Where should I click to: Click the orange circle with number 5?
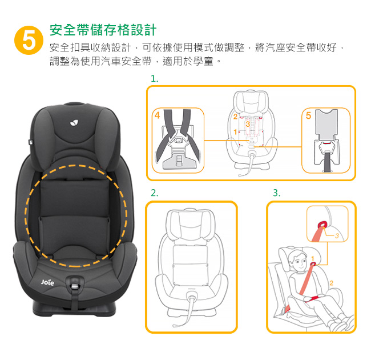29,40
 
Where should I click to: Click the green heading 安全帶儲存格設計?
103,30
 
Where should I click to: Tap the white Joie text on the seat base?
47,282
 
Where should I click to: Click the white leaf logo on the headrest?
75,122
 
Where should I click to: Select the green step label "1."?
155,79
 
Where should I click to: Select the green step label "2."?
155,193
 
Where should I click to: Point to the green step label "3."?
277,193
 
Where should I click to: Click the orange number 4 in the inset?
158,115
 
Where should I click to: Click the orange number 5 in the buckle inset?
308,115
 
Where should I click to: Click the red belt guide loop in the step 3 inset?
322,224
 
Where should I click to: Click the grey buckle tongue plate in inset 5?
326,124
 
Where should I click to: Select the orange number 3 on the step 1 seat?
248,124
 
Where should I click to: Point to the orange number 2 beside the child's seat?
331,283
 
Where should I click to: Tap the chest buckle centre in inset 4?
179,140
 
